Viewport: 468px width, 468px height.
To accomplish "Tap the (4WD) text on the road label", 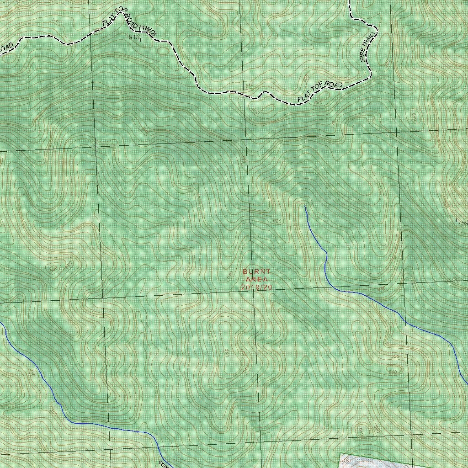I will point(147,29).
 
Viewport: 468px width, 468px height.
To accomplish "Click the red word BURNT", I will point(256,272).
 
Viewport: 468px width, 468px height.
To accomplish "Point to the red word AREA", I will point(256,279).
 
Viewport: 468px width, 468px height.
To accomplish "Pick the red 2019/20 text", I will point(256,287).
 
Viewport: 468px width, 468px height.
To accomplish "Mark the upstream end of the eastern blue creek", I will point(305,206).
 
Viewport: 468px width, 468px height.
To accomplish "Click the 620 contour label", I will point(277,221).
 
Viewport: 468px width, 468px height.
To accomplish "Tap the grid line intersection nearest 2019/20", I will point(253,293).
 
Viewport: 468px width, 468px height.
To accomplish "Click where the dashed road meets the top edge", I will point(350,1).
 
